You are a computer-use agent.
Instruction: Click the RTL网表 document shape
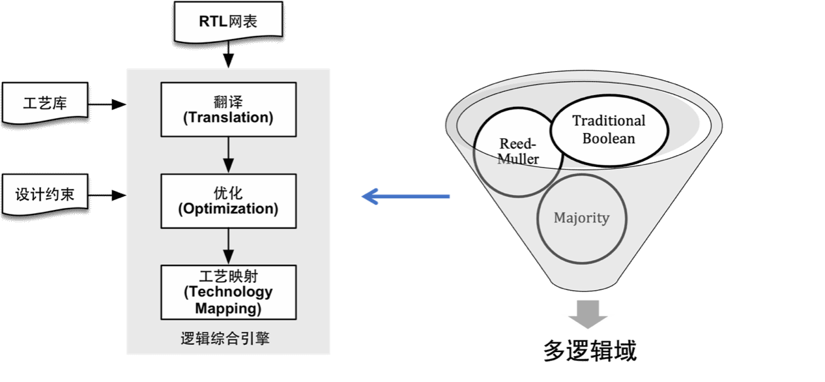tap(228, 22)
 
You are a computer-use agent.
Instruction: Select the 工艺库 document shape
tap(45, 103)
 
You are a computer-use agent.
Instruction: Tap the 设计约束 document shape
tap(45, 195)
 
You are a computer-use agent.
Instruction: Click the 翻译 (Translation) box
tap(227, 109)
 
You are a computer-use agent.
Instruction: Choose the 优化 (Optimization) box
tap(227, 200)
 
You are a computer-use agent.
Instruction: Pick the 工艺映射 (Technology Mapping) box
tap(227, 291)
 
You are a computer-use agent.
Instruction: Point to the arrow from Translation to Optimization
tap(227, 154)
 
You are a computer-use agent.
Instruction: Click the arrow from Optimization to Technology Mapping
tap(227, 246)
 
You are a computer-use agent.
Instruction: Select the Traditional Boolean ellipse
tap(609, 130)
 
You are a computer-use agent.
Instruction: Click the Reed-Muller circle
tap(515, 156)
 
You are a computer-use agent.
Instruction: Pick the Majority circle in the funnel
tap(581, 218)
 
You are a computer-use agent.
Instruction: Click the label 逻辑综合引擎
tap(225, 339)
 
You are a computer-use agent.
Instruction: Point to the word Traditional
tap(609, 121)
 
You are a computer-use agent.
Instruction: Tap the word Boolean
tap(609, 138)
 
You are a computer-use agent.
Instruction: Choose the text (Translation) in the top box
tap(227, 118)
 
